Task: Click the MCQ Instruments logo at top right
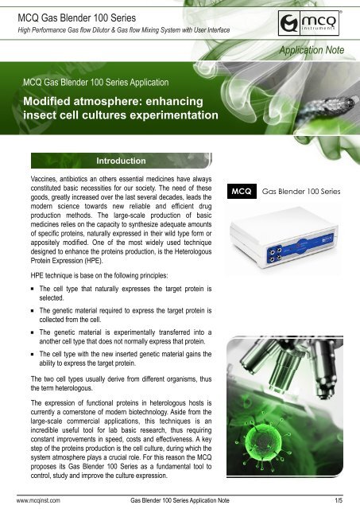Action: (x=322, y=20)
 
